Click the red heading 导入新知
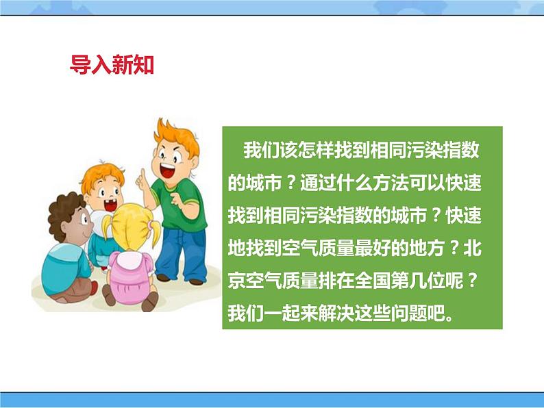(112, 64)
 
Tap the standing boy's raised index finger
(143, 175)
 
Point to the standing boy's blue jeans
(181, 254)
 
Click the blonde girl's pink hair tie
(150, 225)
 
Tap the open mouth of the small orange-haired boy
(110, 206)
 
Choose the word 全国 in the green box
(373, 281)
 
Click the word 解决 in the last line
(336, 314)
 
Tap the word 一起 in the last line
(282, 314)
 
